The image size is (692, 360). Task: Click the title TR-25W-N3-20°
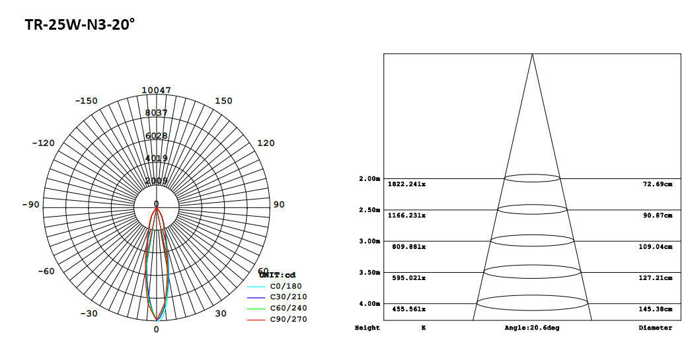coord(80,24)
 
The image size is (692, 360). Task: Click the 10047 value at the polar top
coord(157,90)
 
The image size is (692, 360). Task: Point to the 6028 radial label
coord(157,135)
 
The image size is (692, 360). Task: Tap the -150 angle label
coord(86,101)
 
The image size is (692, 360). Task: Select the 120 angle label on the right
coord(266,143)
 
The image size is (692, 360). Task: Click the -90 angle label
coord(30,205)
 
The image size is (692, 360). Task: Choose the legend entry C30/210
coord(288,297)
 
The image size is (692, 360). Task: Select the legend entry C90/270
coord(288,320)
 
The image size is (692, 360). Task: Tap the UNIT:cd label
coord(278,275)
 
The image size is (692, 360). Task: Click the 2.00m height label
coord(369,179)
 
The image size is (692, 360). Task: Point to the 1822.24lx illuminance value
coord(406,184)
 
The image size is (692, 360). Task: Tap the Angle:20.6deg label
coord(531,328)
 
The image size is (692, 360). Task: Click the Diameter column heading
coord(655,328)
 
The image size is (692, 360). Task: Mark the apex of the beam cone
coord(532,54)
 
